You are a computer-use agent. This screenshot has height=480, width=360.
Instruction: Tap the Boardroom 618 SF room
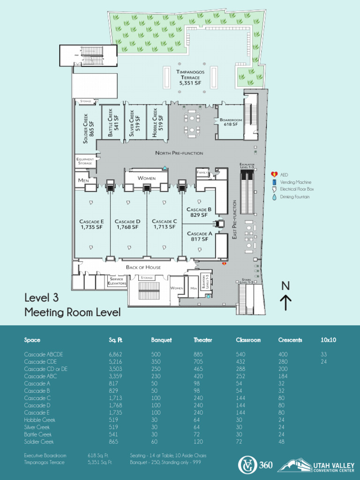(231, 123)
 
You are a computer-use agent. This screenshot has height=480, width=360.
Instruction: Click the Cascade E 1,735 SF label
(91, 224)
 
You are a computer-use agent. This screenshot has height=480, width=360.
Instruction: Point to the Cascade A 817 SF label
(200, 236)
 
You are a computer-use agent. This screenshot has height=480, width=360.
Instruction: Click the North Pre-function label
(179, 153)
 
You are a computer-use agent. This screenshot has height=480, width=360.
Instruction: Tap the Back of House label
(143, 267)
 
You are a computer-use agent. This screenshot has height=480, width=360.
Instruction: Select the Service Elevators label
(116, 281)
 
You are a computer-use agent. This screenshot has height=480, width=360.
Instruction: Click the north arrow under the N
(286, 303)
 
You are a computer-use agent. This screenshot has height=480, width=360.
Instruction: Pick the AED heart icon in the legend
(274, 174)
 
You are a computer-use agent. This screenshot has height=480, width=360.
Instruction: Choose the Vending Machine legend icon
(274, 182)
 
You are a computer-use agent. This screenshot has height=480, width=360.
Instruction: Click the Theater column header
(203, 340)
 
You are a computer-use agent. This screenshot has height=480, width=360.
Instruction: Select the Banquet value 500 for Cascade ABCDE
(156, 354)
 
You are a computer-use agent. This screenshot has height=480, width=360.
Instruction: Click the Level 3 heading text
(41, 298)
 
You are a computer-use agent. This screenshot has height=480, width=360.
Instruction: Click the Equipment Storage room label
(85, 161)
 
